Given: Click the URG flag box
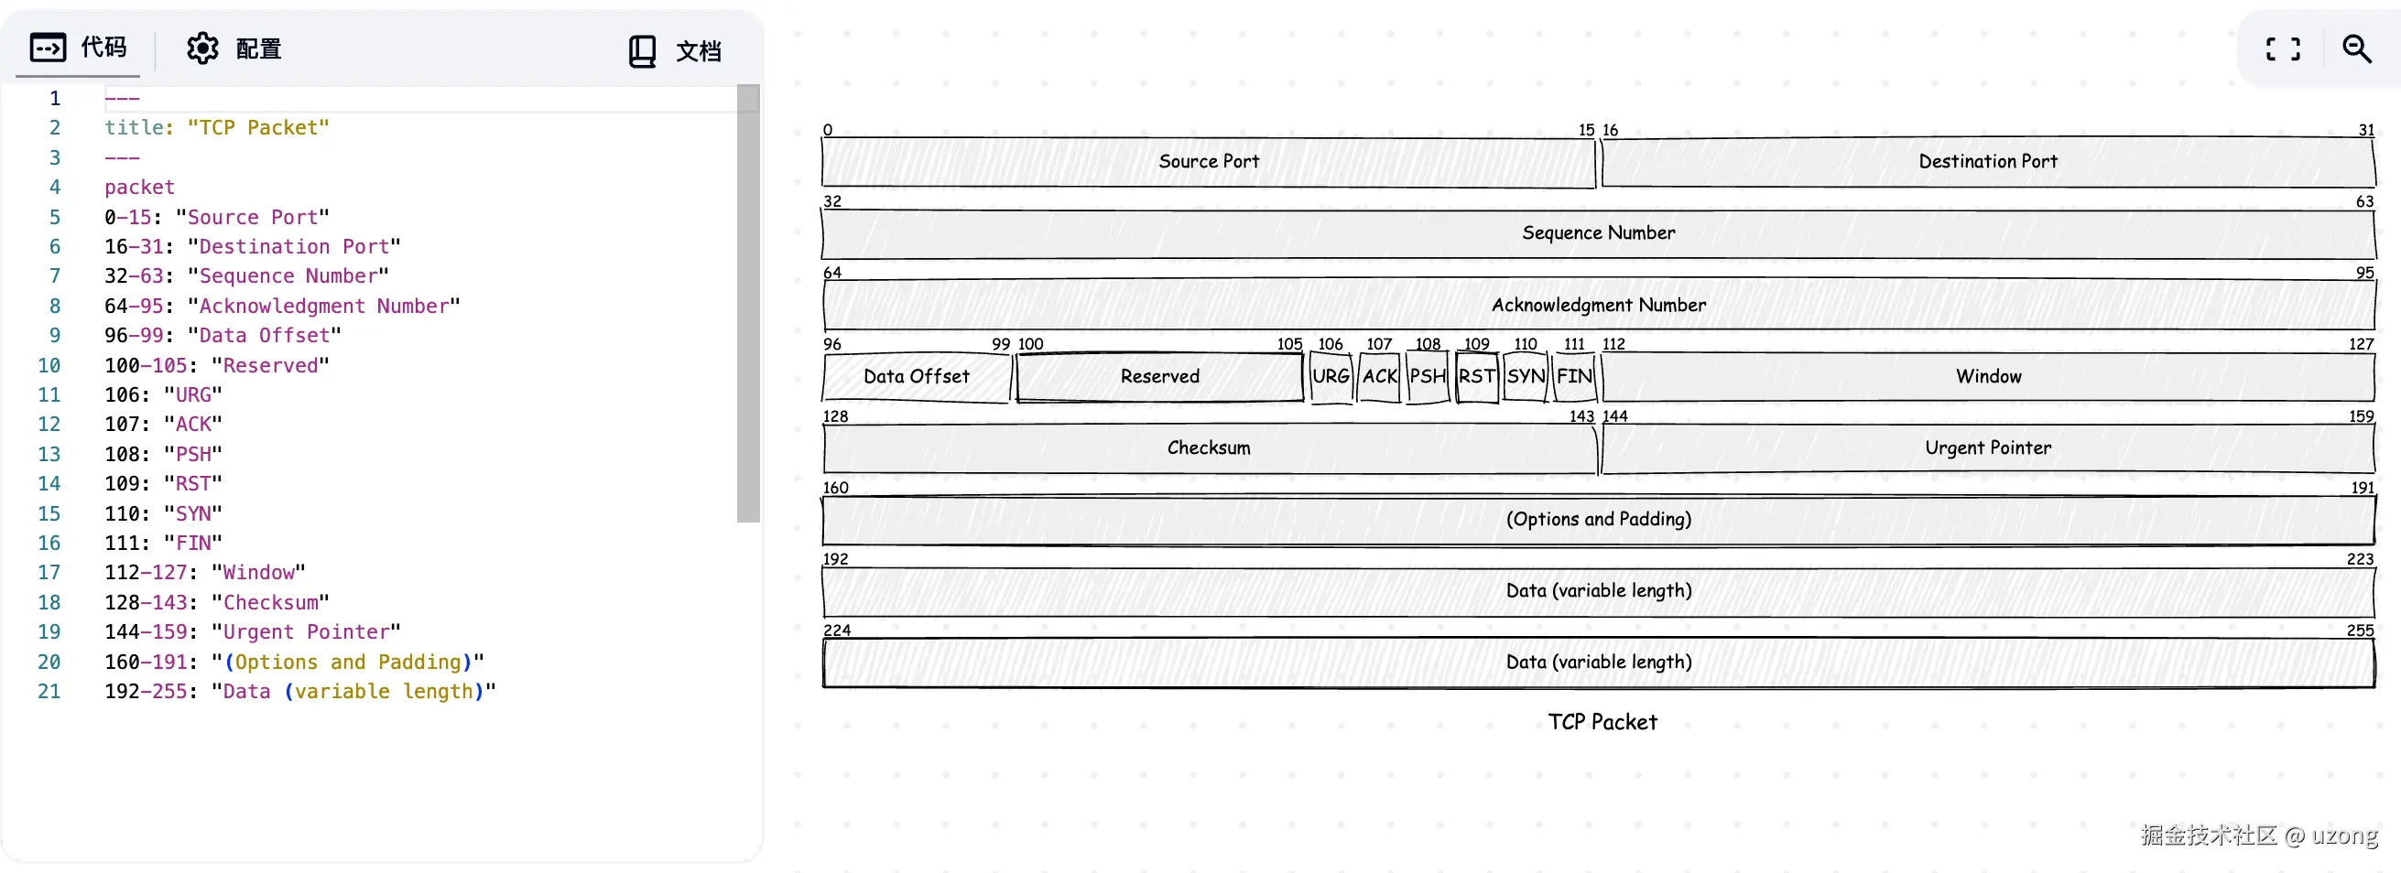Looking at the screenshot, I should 1330,376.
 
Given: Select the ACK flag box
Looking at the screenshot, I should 1379,376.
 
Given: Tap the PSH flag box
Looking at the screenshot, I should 1428,376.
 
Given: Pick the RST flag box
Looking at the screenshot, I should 1476,376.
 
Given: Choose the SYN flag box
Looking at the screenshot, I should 1526,376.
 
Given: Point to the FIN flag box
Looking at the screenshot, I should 1574,376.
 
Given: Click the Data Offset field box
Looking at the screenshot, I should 917,376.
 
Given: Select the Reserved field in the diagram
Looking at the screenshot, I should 1159,376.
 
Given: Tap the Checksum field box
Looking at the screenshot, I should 1209,448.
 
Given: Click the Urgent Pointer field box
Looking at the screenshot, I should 1988,448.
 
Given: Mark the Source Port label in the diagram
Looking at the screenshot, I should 1209,161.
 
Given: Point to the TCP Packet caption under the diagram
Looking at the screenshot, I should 1602,722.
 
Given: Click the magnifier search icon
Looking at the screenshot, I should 2356,48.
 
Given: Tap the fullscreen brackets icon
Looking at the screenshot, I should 2283,48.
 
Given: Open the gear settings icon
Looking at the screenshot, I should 202,48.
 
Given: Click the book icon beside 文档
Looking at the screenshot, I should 642,51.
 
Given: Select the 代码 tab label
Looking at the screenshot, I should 103,47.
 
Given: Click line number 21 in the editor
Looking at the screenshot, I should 49,691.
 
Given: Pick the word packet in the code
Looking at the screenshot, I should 140,188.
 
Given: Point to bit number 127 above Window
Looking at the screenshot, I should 2360,345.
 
